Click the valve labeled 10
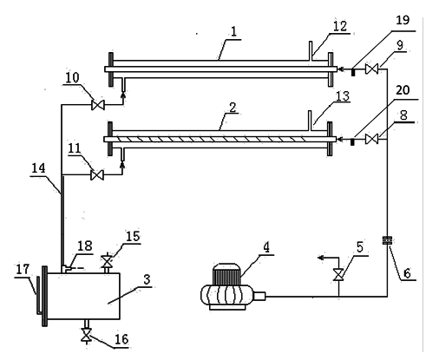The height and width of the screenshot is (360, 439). click(98, 105)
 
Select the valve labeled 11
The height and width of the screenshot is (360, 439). click(97, 175)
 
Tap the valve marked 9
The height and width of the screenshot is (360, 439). click(371, 69)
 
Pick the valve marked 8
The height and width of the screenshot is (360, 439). click(371, 139)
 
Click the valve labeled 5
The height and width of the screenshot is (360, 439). click(338, 274)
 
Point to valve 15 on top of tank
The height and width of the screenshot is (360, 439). click(107, 262)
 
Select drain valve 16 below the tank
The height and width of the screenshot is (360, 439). click(86, 335)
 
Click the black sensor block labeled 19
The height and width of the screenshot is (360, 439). click(353, 72)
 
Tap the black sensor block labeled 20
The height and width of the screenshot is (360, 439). click(352, 142)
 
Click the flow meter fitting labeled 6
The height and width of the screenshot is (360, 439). click(387, 240)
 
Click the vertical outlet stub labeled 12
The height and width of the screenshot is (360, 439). click(310, 51)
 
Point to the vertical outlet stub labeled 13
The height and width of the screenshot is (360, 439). click(310, 121)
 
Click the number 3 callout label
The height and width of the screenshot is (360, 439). click(147, 279)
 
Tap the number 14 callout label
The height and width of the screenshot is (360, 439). click(38, 168)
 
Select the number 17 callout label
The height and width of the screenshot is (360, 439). click(23, 269)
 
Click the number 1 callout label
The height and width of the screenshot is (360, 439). click(233, 31)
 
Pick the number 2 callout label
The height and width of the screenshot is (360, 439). click(233, 108)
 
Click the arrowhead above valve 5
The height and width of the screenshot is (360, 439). click(321, 258)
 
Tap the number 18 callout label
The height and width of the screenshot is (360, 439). click(85, 245)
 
